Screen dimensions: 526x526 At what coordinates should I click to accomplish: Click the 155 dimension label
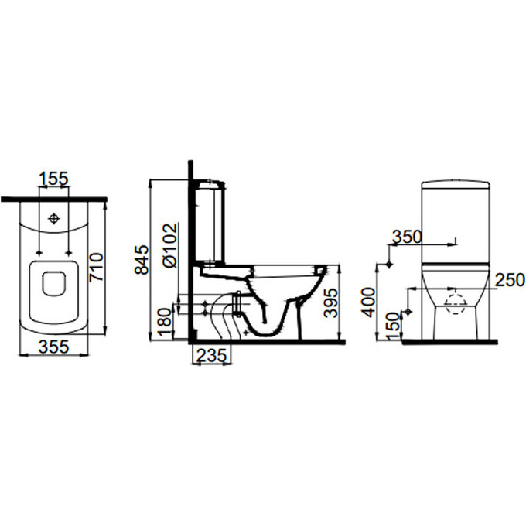tap(53, 179)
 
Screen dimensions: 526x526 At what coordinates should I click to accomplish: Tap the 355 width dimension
tap(53, 347)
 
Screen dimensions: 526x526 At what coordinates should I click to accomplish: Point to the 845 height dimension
tap(142, 260)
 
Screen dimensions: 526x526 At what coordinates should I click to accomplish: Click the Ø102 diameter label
tap(169, 245)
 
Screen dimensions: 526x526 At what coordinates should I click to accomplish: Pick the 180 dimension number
tap(165, 323)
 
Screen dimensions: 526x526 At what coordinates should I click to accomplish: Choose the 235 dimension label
tap(211, 356)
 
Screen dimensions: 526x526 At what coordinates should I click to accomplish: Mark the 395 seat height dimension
tap(331, 302)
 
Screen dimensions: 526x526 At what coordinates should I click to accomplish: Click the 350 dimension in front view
tap(407, 237)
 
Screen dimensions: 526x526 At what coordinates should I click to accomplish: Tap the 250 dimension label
tap(510, 280)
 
